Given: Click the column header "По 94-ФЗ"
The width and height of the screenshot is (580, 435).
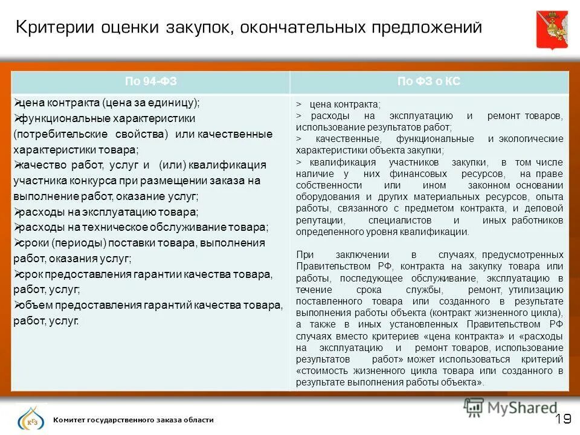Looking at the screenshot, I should pos(150,82).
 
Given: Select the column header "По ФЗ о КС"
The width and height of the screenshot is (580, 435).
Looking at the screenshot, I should pos(429,82).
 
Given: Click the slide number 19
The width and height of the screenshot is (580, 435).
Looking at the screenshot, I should pos(562,419).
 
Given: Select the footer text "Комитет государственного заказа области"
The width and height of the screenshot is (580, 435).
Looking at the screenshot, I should pos(134,420).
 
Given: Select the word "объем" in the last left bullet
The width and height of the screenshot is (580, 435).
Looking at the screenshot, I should pos(33,305).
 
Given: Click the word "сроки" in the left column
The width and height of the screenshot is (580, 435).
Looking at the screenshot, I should pos(32,243).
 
